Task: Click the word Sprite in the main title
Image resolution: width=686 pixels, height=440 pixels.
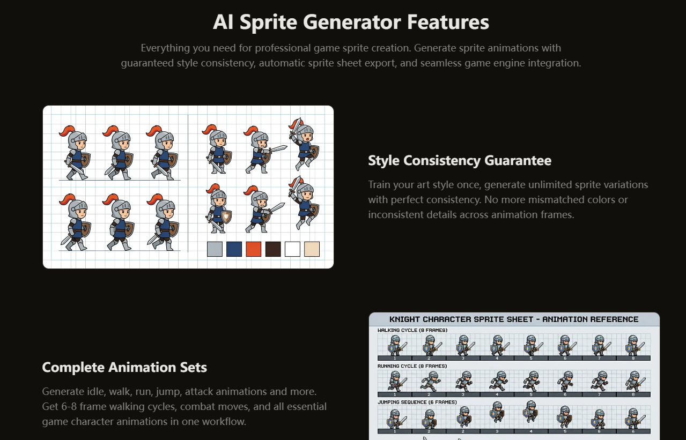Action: tap(268, 23)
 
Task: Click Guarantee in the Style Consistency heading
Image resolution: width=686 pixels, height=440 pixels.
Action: tap(518, 160)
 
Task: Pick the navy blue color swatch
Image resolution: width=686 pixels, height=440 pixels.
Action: tap(234, 249)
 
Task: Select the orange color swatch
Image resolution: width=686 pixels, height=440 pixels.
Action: tap(254, 249)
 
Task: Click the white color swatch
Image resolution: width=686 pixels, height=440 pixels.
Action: tap(292, 249)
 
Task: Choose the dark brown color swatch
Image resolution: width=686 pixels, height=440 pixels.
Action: tap(273, 249)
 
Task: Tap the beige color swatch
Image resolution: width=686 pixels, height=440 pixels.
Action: tap(312, 249)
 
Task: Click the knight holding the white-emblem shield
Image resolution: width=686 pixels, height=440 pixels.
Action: tap(218, 208)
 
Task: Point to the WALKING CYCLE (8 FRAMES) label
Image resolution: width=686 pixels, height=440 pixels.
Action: tap(412, 330)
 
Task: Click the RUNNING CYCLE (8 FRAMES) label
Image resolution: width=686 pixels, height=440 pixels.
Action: tap(412, 366)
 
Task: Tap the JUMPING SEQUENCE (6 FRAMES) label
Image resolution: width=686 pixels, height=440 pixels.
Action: tap(417, 402)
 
